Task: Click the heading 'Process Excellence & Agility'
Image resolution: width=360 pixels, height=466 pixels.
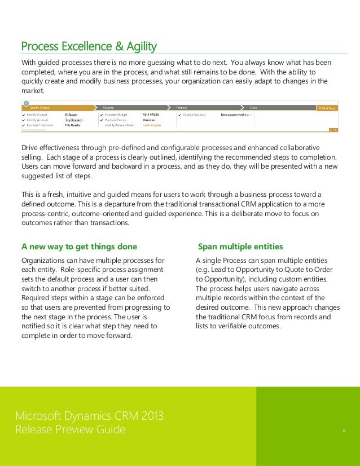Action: coord(89,46)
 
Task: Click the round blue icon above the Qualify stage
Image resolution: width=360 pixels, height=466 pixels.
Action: coord(26,103)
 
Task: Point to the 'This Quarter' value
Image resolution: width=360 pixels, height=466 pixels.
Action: coord(72,125)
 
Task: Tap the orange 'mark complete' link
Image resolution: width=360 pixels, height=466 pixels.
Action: coord(152,125)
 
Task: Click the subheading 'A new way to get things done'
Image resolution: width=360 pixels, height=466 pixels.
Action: coord(78,247)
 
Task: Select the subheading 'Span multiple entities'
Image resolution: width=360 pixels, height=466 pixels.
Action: coord(240,247)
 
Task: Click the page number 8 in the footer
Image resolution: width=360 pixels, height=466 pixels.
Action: coord(344,431)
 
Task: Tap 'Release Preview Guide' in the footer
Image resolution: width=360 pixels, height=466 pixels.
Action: coord(71,430)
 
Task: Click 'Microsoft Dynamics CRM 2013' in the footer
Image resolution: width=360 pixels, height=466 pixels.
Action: coord(89,417)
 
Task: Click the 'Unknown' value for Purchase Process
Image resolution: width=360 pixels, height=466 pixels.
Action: coord(150,120)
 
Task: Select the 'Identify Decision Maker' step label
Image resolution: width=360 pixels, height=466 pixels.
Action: coord(120,125)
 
